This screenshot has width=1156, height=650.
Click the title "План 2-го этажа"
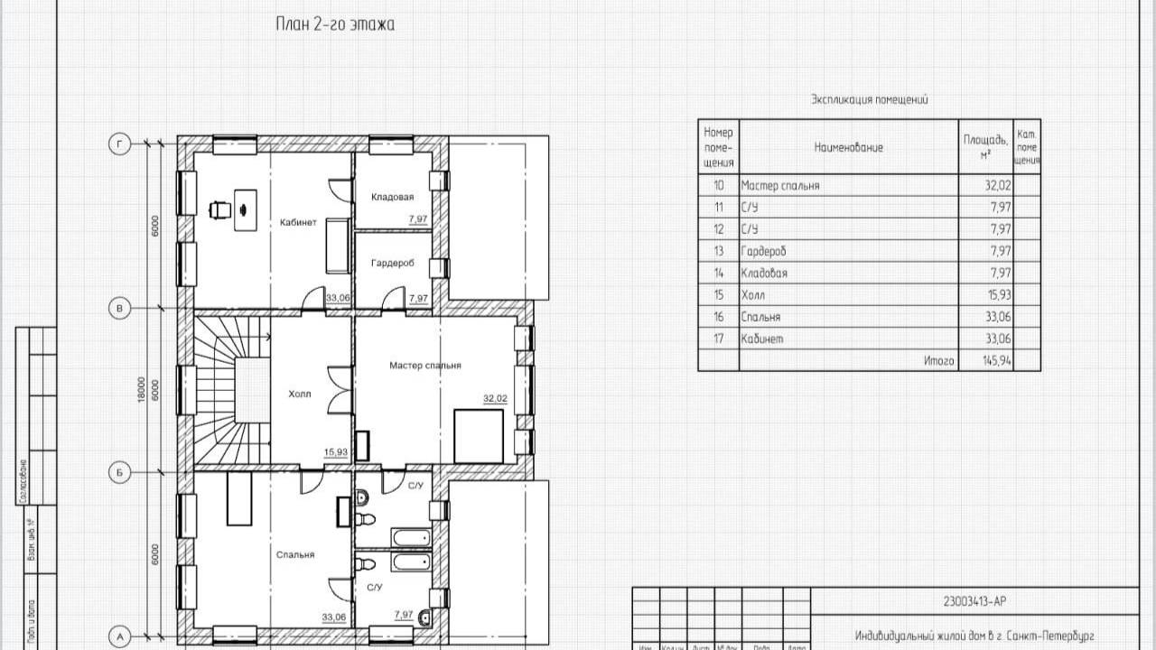pos(335,24)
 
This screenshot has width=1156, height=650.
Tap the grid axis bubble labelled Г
pos(118,144)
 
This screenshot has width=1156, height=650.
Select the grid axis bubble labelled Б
pos(118,471)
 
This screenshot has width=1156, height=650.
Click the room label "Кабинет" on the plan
pos(298,223)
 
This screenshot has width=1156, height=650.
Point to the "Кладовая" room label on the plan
pos(392,197)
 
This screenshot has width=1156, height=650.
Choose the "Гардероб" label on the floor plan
pos(392,264)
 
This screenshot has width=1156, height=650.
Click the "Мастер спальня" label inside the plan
pos(425,366)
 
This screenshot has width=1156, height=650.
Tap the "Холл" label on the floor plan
pos(299,395)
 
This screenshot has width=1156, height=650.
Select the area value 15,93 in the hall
pos(336,453)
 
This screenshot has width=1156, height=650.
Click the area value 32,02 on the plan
pos(495,398)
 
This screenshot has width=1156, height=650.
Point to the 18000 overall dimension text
pos(141,390)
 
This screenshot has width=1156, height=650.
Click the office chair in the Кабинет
pos(218,209)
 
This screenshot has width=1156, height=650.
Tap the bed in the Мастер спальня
pos(478,435)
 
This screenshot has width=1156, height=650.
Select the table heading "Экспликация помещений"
pos(869,100)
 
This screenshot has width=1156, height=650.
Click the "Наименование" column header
pos(848,147)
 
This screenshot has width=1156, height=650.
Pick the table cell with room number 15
pos(719,295)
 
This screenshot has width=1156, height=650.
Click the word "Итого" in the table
pos(939,361)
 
